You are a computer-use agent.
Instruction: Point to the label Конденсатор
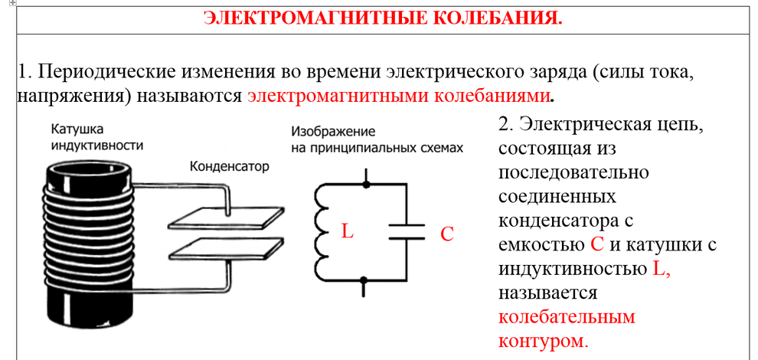(x=229, y=168)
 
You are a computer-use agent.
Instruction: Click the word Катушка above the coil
(x=77, y=130)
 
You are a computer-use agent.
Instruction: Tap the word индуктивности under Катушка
(x=97, y=146)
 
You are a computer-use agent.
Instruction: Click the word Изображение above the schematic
(x=334, y=132)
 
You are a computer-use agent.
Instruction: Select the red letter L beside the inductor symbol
(x=347, y=231)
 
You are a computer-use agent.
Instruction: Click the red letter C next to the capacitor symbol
(x=446, y=234)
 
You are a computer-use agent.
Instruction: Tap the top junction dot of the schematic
(x=367, y=184)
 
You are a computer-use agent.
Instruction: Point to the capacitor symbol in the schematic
(x=407, y=232)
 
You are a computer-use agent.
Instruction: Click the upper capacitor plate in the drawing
(x=226, y=218)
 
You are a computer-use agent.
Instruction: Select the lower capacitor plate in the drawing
(x=226, y=249)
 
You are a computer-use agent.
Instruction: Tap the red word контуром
(x=544, y=341)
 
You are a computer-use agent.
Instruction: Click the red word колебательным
(x=566, y=317)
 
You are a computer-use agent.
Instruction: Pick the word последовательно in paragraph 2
(x=573, y=172)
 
